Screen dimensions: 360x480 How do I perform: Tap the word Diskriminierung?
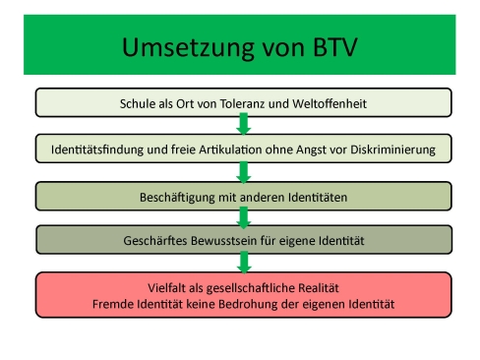click(400, 150)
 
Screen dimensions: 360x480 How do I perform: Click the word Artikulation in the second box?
click(215, 150)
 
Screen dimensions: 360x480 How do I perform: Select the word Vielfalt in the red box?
click(168, 287)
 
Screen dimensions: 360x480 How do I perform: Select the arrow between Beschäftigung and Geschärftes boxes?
click(243, 217)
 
